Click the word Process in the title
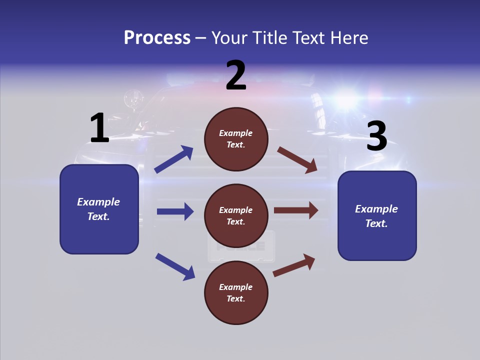click(157, 37)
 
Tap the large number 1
click(99, 128)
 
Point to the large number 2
click(236, 75)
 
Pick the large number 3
click(377, 136)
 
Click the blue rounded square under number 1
click(99, 209)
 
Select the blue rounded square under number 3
click(377, 215)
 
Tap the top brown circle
click(236, 139)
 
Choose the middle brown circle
click(236, 215)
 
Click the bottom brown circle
click(236, 292)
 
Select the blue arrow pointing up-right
click(174, 159)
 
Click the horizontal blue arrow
click(175, 211)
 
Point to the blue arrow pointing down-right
click(175, 266)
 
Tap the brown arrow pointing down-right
click(297, 160)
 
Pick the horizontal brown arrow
click(296, 210)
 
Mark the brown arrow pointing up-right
click(294, 265)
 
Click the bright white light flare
click(345, 100)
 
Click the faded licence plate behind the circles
click(241, 246)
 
